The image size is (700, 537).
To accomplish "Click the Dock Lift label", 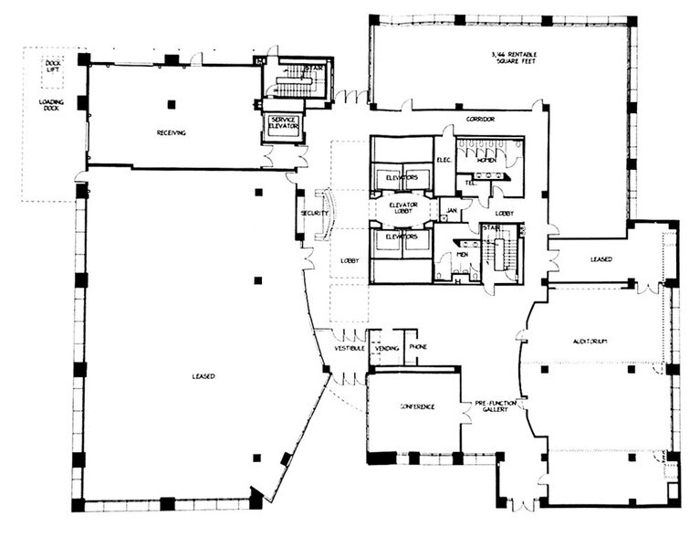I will pyautogui.click(x=53, y=67).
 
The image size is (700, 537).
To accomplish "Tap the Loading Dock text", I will pyautogui.click(x=52, y=105).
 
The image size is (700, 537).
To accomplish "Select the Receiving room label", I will pyautogui.click(x=172, y=132).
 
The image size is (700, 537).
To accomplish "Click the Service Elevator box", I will pyautogui.click(x=283, y=123).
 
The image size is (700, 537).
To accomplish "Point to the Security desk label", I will pyautogui.click(x=308, y=214).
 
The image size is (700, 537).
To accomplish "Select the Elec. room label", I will pyautogui.click(x=444, y=160).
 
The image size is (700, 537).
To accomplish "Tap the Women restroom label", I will pyautogui.click(x=487, y=160).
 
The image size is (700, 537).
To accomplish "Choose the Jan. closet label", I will pyautogui.click(x=449, y=211).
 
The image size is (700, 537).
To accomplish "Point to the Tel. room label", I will pyautogui.click(x=471, y=182).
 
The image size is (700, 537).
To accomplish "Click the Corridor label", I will pyautogui.click(x=479, y=120).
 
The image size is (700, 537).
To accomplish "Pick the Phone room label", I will pyautogui.click(x=418, y=347).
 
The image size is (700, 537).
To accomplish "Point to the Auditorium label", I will pyautogui.click(x=590, y=342).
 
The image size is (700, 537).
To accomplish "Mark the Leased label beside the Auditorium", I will pyautogui.click(x=601, y=258).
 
